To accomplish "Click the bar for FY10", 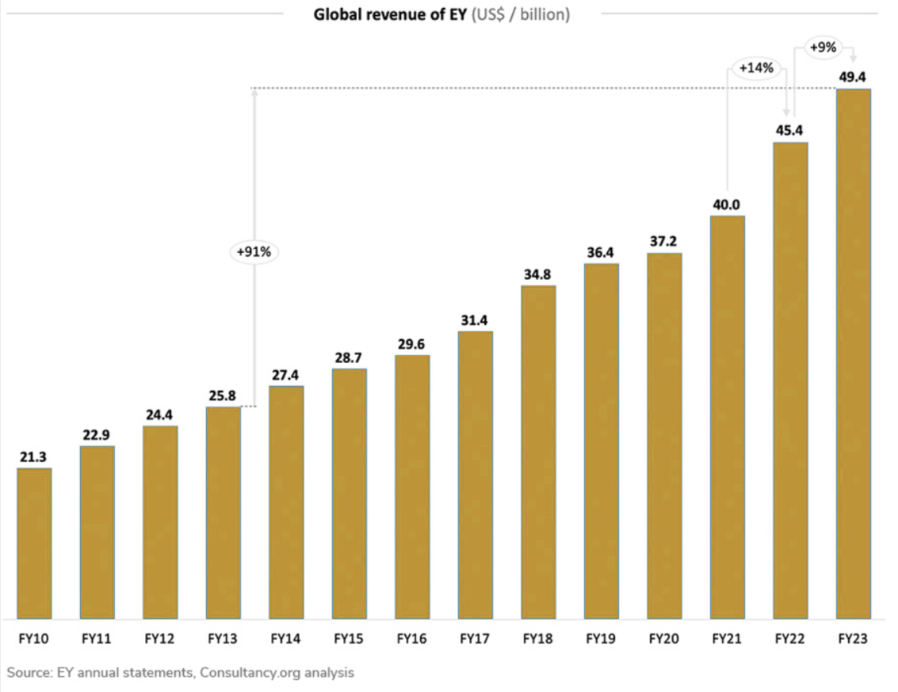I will pyautogui.click(x=34, y=543).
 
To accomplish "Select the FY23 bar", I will pyautogui.click(x=854, y=354).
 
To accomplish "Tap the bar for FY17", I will pyautogui.click(x=476, y=475).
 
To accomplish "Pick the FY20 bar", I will pyautogui.click(x=664, y=435).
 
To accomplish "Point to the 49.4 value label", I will pyautogui.click(x=854, y=76).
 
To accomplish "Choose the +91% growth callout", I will pyautogui.click(x=254, y=252).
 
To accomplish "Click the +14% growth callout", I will pyautogui.click(x=755, y=68).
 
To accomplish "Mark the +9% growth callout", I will pyautogui.click(x=823, y=48).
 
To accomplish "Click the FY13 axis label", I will pyautogui.click(x=223, y=638).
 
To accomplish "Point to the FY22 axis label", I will pyautogui.click(x=790, y=638).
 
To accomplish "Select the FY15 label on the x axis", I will pyautogui.click(x=349, y=638).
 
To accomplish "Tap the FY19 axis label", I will pyautogui.click(x=602, y=638).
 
